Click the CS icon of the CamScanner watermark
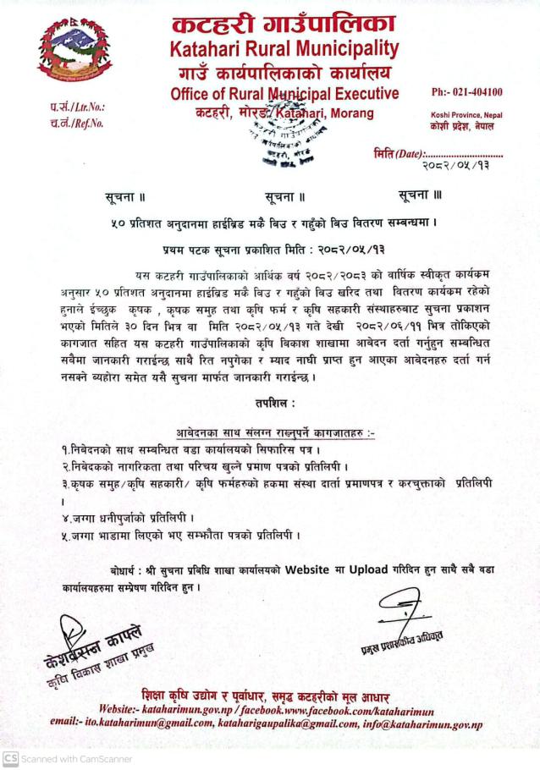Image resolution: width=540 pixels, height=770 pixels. [x=10, y=759]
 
